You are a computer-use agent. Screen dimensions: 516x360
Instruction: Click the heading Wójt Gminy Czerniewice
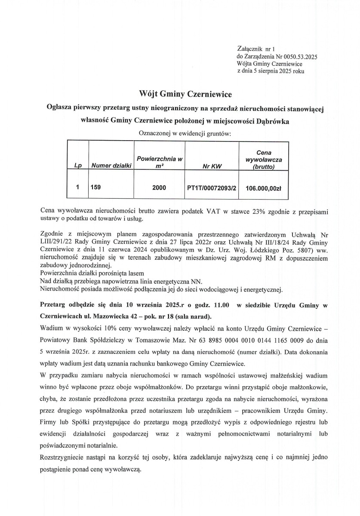tap(180, 93)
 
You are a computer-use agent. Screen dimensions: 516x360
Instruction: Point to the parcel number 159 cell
tap(95, 187)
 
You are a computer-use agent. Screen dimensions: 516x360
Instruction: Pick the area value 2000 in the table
tap(159, 187)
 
